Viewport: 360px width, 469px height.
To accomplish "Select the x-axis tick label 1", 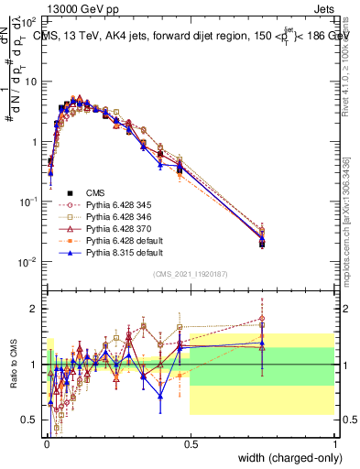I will tap(335, 442).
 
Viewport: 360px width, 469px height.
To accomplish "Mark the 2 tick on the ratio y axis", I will tap(33, 309).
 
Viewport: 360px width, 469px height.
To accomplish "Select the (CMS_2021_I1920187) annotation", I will tap(190, 273).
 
